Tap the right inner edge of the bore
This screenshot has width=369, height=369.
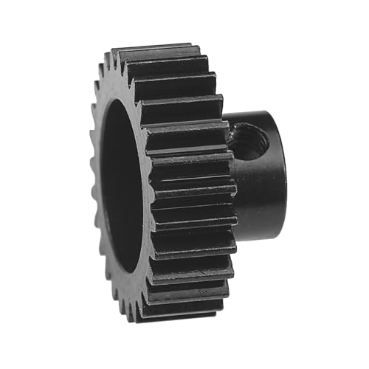(x=145, y=184)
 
